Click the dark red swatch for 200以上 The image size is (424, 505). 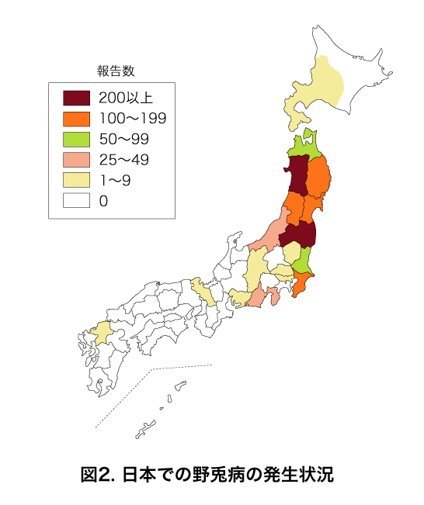75,99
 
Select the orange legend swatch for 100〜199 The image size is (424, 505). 75,119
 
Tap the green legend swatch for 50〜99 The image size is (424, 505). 75,140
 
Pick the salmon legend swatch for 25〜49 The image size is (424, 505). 75,160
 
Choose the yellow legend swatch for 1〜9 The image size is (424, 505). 75,181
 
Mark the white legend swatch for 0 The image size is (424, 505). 75,201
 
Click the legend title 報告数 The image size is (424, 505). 116,71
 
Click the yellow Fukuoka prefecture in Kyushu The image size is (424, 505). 100,333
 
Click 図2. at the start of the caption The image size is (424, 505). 97,474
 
